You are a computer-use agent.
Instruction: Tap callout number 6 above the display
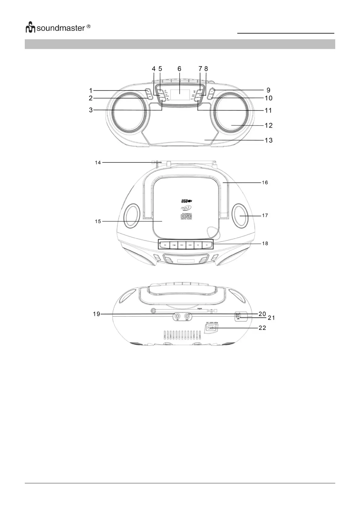coord(179,69)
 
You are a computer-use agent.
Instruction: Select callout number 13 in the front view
coord(268,140)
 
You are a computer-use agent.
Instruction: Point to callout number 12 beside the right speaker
coord(268,125)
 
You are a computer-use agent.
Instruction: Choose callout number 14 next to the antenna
coord(98,163)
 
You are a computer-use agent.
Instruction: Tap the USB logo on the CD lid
coord(186,201)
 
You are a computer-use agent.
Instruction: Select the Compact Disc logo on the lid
coord(186,216)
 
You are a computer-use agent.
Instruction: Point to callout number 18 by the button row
coord(265,243)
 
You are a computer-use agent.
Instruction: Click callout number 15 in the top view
coord(98,221)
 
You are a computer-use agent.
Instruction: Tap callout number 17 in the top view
coord(265,216)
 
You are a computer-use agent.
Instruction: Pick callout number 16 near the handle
coord(265,183)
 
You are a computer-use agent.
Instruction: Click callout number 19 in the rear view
coord(96,314)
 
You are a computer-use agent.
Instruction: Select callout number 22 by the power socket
coord(262,328)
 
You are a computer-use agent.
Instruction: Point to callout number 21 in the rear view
coord(271,318)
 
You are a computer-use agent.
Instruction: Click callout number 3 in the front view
coord(91,110)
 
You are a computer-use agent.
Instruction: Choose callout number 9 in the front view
coord(268,90)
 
